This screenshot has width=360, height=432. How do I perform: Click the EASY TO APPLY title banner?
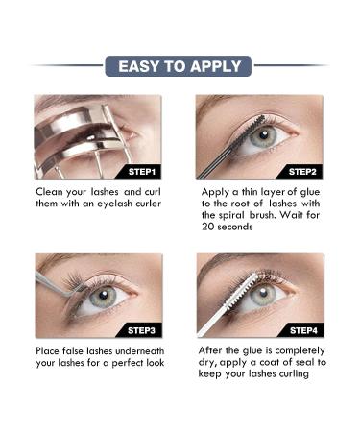point(179,66)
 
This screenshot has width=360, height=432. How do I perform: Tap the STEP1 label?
point(141,172)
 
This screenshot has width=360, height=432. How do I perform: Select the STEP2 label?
point(302,172)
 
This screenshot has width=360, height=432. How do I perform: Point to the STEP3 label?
point(141,330)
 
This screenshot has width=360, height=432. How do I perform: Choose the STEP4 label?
point(303,330)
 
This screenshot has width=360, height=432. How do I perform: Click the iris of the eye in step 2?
point(263,136)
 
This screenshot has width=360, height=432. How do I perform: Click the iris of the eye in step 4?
point(263,295)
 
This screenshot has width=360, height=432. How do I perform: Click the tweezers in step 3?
point(57,284)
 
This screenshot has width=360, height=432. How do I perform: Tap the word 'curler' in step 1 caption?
point(148,204)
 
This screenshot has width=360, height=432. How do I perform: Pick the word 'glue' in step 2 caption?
point(310,192)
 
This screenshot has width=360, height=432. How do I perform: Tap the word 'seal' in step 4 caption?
point(302,362)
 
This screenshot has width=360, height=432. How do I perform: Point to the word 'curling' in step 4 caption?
point(294,373)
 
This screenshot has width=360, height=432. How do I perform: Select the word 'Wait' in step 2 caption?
point(291,215)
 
